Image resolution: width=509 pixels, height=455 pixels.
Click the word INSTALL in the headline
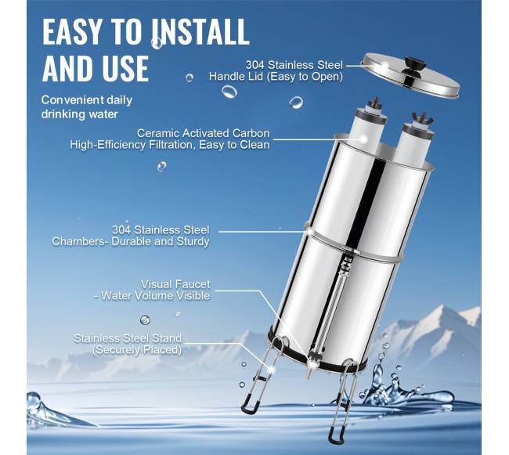(200, 31)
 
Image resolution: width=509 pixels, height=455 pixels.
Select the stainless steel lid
(410, 75)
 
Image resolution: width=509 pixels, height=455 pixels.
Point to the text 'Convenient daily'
(87, 99)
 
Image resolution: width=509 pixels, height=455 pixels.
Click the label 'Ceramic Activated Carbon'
(204, 133)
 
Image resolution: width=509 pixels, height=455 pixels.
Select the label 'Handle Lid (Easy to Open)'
(276, 77)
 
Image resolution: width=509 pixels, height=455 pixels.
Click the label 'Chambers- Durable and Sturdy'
(131, 241)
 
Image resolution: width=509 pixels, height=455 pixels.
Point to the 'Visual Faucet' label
(175, 284)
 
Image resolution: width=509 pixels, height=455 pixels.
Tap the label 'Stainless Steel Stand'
(128, 338)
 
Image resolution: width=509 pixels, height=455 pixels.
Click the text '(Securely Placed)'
(137, 350)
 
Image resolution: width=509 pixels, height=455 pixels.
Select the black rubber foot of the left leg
(250, 407)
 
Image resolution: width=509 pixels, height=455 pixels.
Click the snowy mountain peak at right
(442, 308)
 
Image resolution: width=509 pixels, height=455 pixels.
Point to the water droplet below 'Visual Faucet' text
(145, 320)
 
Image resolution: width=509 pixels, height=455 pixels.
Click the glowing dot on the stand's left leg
(270, 368)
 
